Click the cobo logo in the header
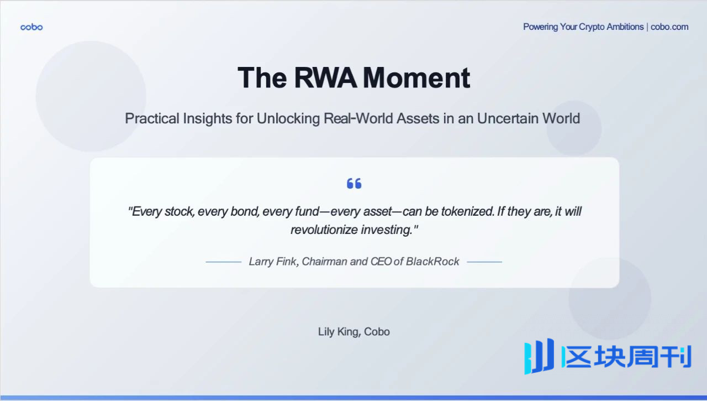(31, 27)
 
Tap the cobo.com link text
(669, 27)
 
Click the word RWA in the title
(325, 78)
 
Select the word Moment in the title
(416, 78)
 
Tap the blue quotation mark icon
(354, 183)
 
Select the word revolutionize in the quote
(324, 230)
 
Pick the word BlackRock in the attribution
(432, 262)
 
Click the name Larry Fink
(273, 262)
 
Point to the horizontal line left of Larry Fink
(224, 262)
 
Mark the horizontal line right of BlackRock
(484, 262)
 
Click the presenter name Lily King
(339, 332)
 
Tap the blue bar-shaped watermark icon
(539, 356)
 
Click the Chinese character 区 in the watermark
(578, 357)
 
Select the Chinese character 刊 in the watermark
(676, 357)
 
